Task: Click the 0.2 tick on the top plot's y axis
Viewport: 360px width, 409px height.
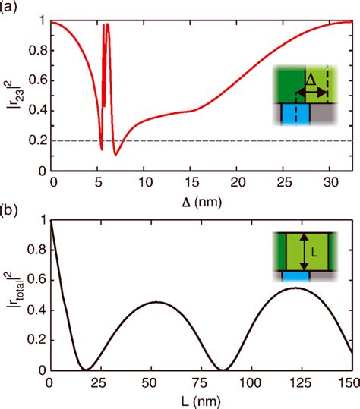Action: (36, 141)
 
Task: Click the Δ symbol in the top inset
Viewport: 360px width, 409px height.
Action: (310, 79)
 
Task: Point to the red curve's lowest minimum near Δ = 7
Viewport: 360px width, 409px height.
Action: (115, 155)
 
